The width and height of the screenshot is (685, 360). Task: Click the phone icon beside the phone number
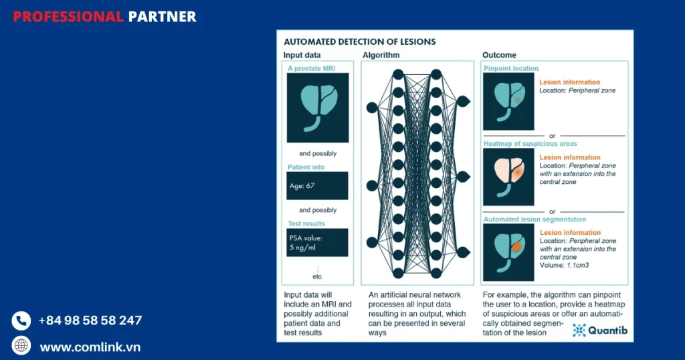tap(21, 321)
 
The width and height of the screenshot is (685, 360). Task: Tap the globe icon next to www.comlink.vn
tap(21, 345)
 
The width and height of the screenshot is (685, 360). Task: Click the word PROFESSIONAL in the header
tap(68, 17)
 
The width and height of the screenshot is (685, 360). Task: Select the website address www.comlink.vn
tap(90, 347)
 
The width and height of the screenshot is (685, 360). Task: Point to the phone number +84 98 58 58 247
tap(90, 321)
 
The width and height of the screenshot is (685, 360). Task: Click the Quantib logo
tap(600, 331)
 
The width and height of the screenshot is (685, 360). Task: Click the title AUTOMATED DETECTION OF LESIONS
tap(359, 42)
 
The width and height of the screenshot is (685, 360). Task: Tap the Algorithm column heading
tap(381, 55)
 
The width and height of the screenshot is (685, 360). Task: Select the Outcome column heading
tap(499, 55)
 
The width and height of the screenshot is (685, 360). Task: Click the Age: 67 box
tap(317, 185)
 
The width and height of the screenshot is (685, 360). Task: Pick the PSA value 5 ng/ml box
tap(317, 242)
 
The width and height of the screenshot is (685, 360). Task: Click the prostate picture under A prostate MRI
tap(318, 108)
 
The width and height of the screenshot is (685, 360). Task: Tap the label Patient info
tap(306, 167)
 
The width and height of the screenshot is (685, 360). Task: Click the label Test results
tap(306, 223)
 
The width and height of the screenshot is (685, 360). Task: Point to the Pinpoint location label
tap(511, 69)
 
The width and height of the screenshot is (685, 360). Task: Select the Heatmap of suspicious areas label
tap(530, 144)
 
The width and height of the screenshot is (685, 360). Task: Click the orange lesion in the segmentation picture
tap(517, 247)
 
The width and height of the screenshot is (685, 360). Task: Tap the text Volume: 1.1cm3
tap(564, 265)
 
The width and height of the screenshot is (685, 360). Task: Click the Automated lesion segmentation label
tap(534, 219)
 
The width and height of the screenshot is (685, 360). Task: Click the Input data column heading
tap(302, 55)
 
